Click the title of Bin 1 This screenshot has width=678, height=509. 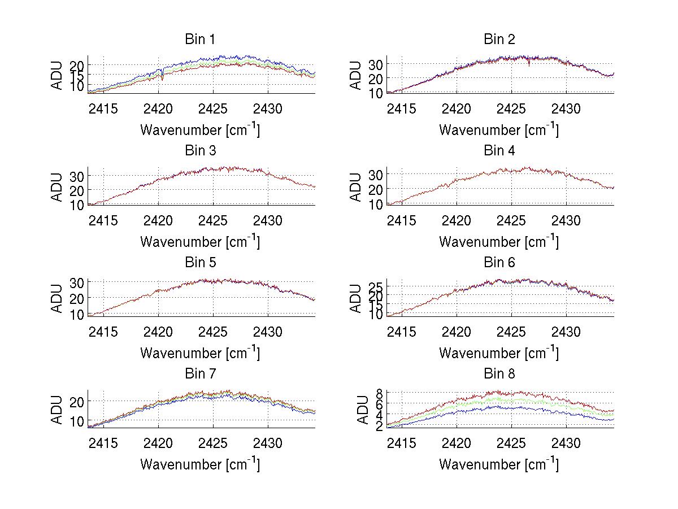click(x=200, y=40)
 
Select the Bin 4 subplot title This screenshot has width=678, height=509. click(x=499, y=151)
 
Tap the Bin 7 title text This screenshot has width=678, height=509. click(x=200, y=374)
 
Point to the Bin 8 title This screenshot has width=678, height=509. click(x=499, y=374)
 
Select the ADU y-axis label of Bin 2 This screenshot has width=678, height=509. click(x=356, y=75)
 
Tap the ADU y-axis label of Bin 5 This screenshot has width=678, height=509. click(x=57, y=298)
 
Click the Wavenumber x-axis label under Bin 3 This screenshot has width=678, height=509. click(x=200, y=241)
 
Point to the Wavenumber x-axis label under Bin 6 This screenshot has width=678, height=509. click(x=499, y=353)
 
